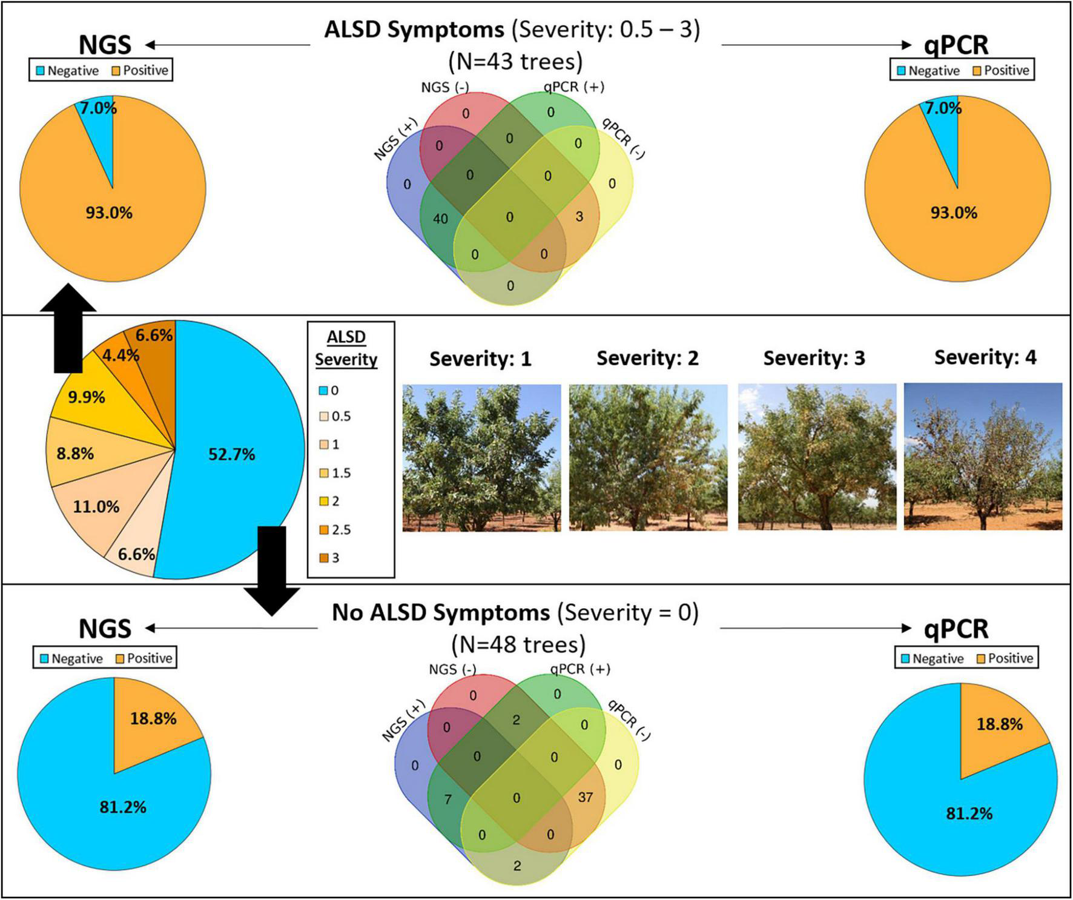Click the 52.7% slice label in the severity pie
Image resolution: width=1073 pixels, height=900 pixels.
(x=231, y=454)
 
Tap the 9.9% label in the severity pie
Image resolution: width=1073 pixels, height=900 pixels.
(x=86, y=397)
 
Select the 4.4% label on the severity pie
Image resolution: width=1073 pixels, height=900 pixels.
(x=121, y=355)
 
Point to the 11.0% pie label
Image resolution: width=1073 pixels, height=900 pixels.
(x=96, y=506)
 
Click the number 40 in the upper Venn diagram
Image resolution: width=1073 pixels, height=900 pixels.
(x=440, y=219)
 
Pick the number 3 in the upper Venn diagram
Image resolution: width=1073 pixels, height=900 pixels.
(x=579, y=216)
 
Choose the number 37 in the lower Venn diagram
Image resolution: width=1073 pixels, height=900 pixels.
(x=585, y=797)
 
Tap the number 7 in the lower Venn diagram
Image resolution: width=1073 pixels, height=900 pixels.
(x=448, y=800)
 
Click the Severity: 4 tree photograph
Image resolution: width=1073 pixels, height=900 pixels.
(x=983, y=457)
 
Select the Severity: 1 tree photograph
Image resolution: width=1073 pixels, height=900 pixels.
(x=481, y=458)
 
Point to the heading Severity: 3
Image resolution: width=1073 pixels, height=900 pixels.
(x=814, y=358)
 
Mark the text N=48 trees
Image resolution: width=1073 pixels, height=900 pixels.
(x=518, y=644)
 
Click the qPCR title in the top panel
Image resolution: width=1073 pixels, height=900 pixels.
(x=956, y=45)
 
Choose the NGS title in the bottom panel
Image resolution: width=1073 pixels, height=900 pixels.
(x=105, y=629)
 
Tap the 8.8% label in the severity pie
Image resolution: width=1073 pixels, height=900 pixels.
(x=75, y=453)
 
